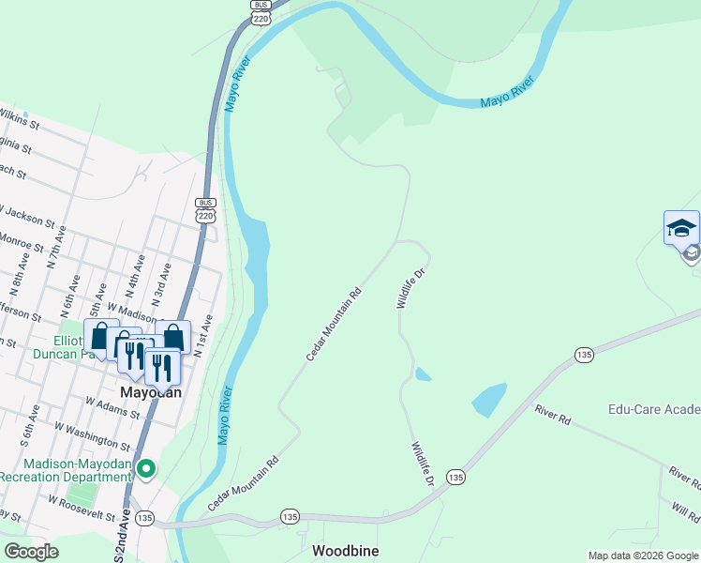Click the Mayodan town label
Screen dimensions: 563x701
(x=149, y=392)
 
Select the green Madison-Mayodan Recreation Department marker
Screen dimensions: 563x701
(x=145, y=467)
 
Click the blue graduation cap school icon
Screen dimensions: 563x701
(x=681, y=228)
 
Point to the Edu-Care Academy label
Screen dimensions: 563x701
(x=654, y=410)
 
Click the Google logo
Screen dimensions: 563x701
(x=31, y=552)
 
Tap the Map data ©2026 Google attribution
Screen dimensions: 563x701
(x=642, y=555)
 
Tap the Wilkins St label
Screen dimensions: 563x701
(x=19, y=118)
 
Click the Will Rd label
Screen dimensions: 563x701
(x=686, y=512)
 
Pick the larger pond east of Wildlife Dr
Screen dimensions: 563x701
(x=489, y=400)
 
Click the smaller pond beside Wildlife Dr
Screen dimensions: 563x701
(x=423, y=374)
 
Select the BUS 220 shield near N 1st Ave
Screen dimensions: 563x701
(x=206, y=210)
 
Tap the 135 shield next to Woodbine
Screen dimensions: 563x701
(x=289, y=517)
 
